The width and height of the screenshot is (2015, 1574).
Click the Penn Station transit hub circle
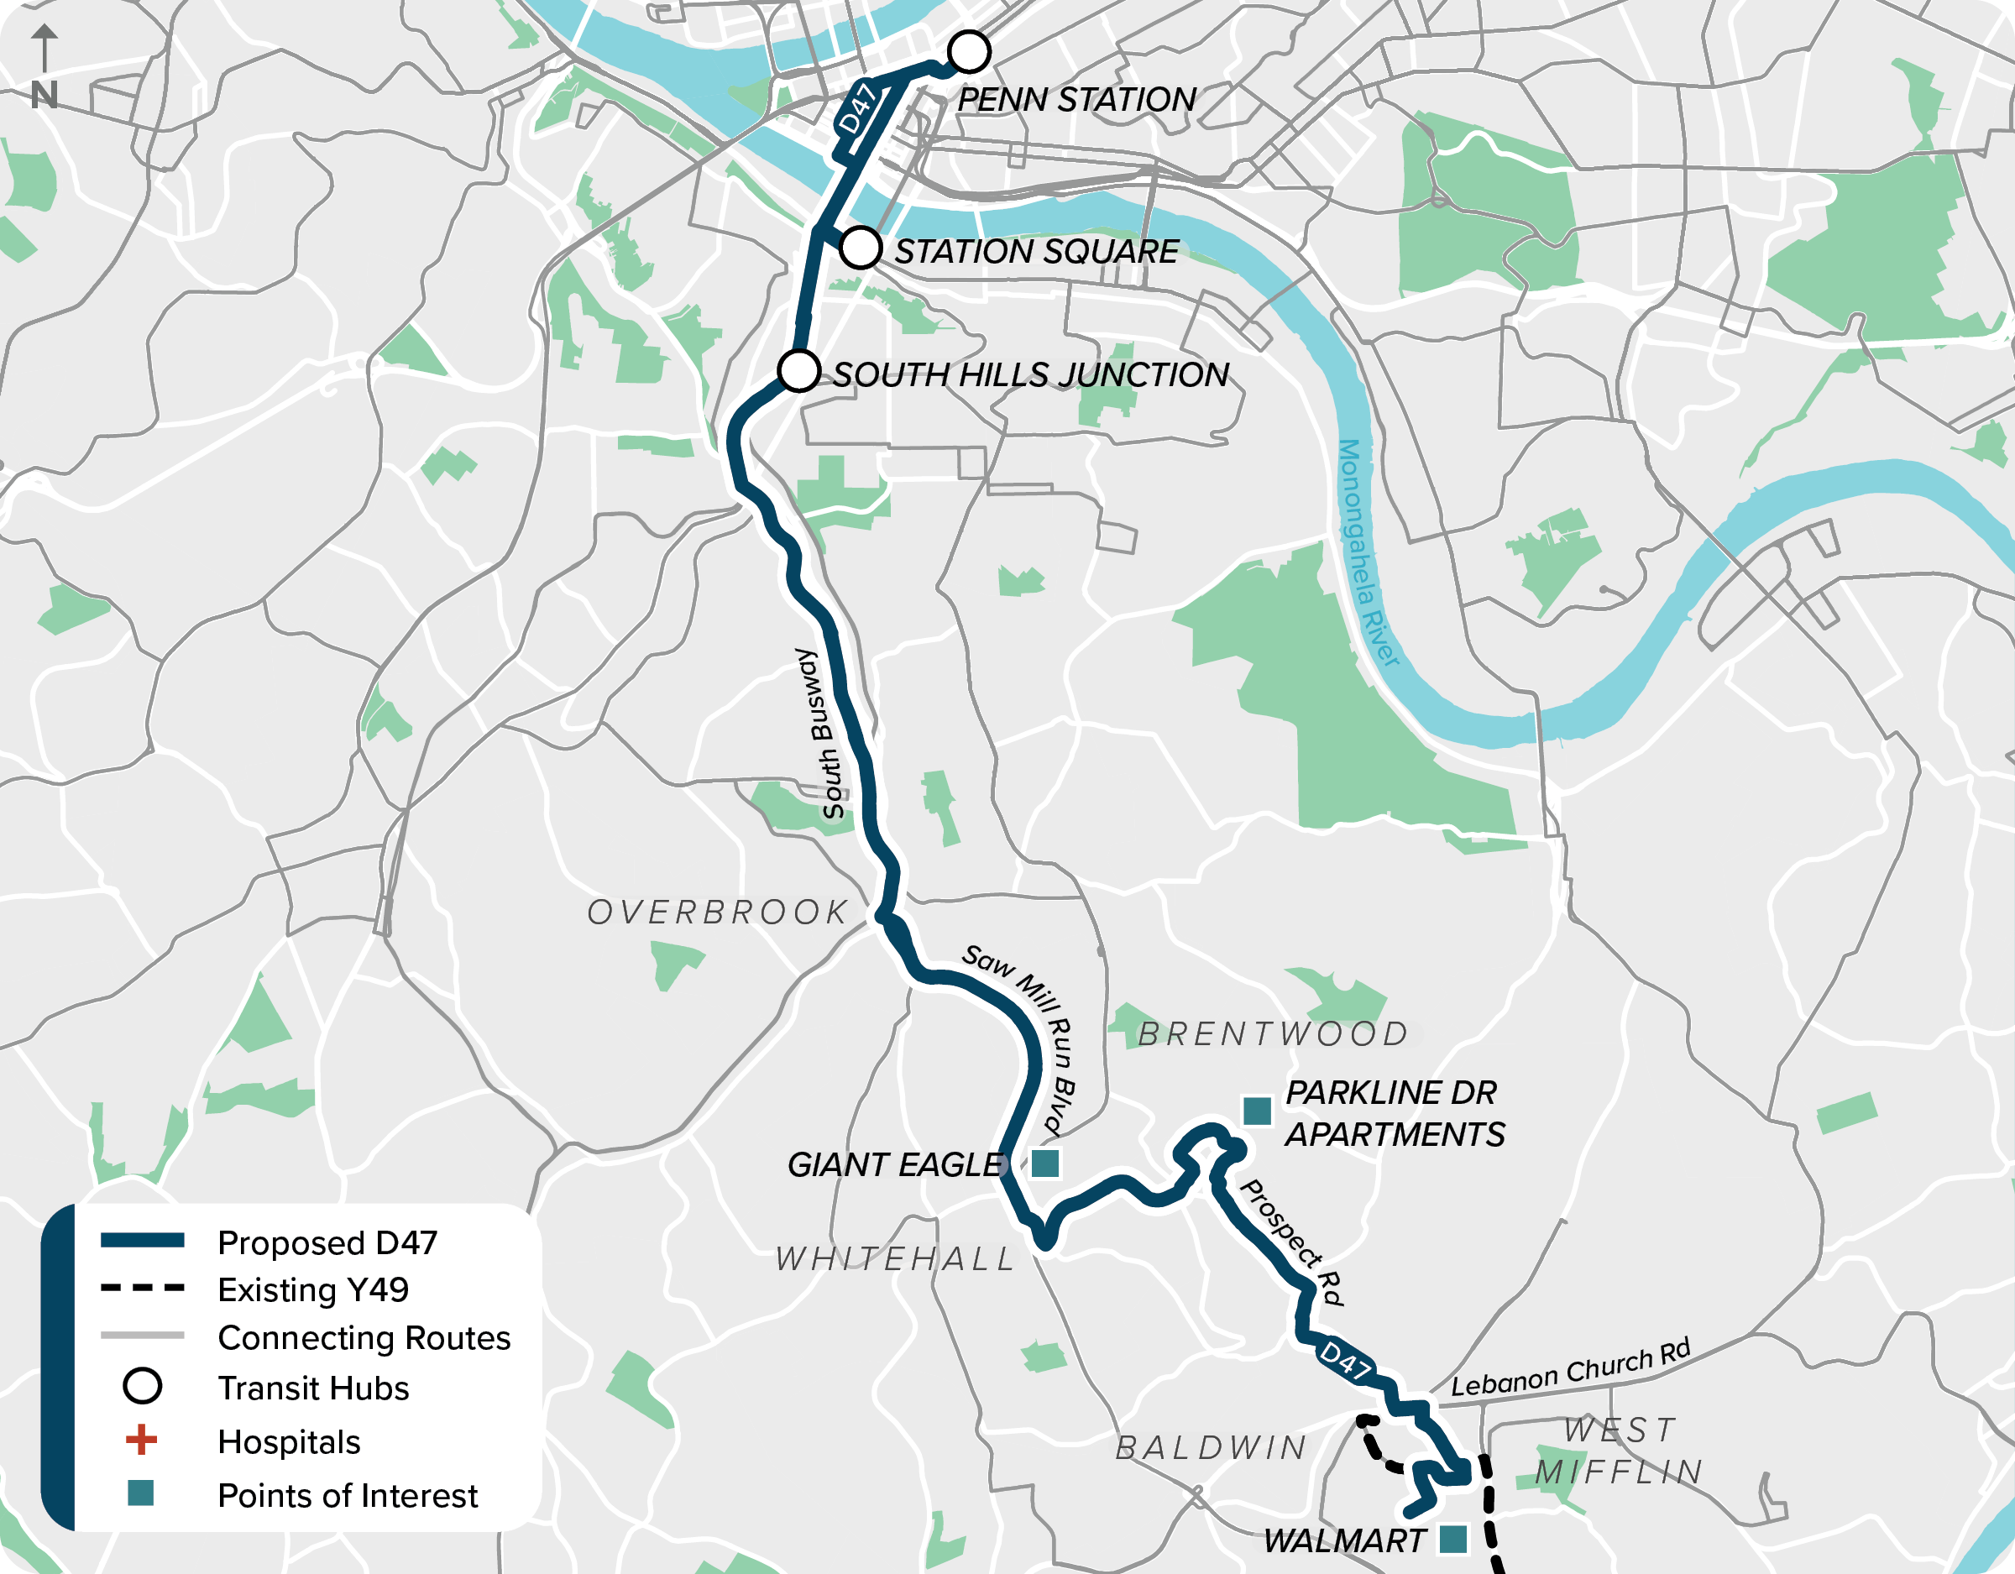coord(969,52)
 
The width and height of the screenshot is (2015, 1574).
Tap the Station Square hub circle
coord(860,248)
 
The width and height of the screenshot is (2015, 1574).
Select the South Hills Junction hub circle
coord(799,371)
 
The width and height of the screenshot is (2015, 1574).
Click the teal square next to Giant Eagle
coord(1044,1164)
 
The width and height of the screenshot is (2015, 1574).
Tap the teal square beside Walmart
coord(1453,1538)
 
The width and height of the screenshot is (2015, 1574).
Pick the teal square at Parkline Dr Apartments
coord(1257,1111)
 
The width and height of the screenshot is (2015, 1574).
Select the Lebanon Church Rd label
coord(1570,1368)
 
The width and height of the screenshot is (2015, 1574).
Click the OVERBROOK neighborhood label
coord(717,913)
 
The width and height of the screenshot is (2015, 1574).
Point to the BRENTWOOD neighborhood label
coord(1272,1034)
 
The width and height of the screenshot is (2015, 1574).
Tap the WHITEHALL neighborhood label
coord(895,1258)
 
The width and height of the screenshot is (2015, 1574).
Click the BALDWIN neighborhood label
coord(1212,1447)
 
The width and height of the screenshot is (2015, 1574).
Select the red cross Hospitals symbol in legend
coord(141,1440)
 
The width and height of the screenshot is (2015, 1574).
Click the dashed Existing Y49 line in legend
coord(142,1288)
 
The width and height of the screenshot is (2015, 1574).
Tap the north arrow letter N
coord(44,95)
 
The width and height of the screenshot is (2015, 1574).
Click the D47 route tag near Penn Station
coord(857,109)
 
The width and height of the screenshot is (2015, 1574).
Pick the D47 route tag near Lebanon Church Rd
coord(1345,1360)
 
